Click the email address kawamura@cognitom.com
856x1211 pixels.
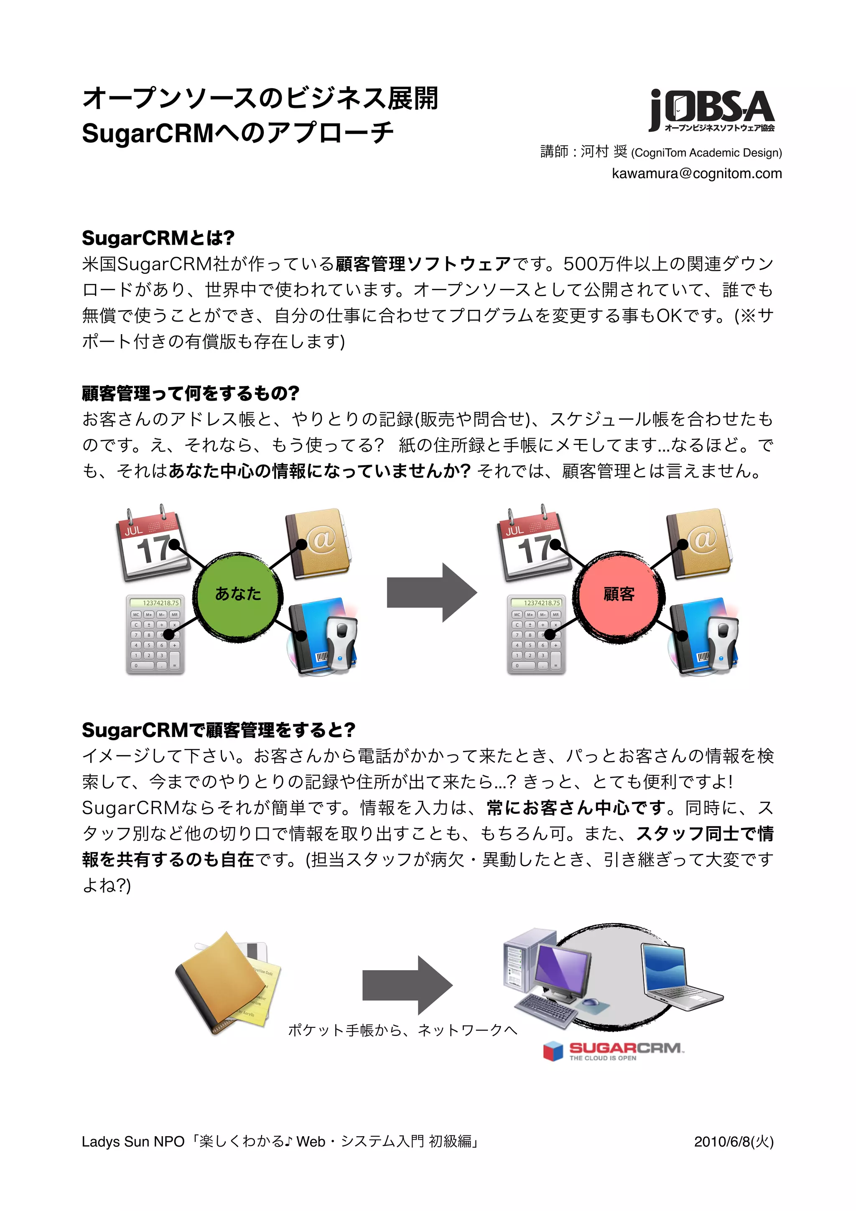coord(696,174)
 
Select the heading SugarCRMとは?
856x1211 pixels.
coord(158,238)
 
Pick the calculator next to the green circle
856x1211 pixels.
coord(155,634)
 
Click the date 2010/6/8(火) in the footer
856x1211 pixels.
coord(734,1142)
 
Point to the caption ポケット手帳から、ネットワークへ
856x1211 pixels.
coord(403,1030)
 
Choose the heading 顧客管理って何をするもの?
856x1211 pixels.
coord(190,393)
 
